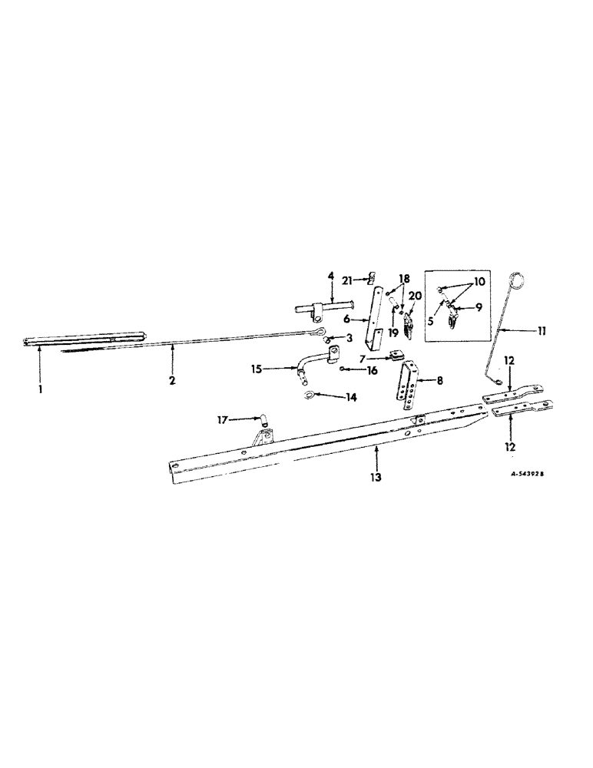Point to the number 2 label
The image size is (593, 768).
point(173,380)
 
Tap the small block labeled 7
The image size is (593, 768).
point(396,356)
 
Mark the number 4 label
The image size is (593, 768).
point(331,274)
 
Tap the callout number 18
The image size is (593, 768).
point(403,278)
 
